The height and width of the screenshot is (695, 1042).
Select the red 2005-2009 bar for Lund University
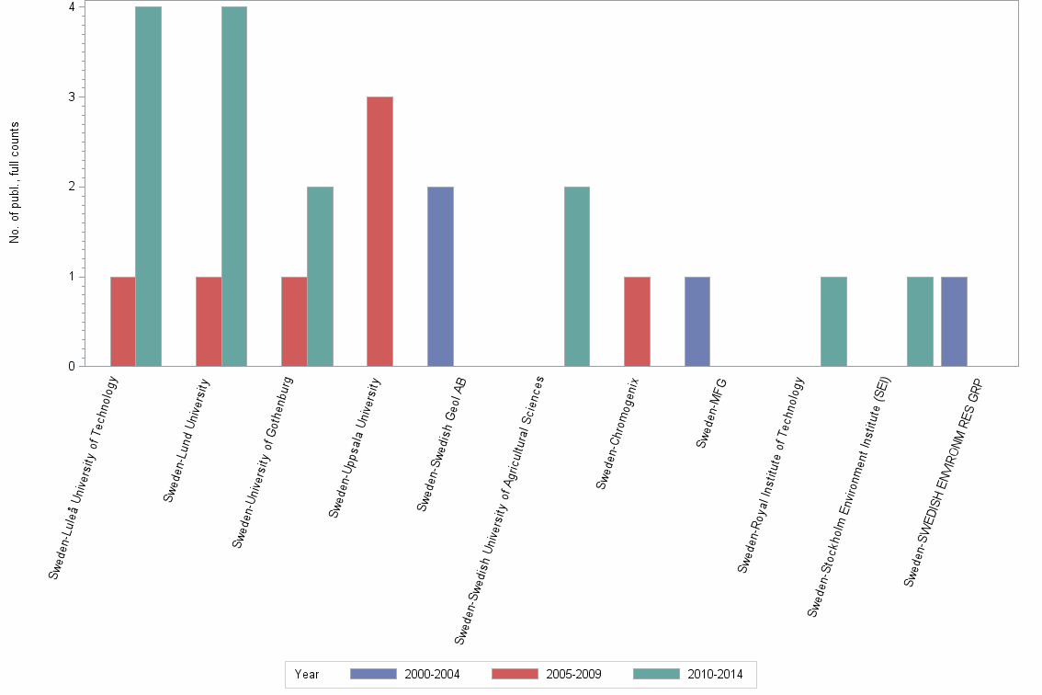(x=209, y=321)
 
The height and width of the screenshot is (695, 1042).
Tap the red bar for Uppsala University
(x=379, y=231)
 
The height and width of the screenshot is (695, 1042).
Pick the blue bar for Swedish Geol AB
(x=440, y=276)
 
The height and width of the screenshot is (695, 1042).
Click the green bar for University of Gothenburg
(x=320, y=276)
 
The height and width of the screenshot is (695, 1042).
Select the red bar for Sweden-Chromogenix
(x=637, y=321)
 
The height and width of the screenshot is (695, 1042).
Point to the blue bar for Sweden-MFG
(x=697, y=321)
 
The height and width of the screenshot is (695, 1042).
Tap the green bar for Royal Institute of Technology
(x=833, y=321)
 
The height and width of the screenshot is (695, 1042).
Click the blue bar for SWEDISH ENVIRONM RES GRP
(x=954, y=321)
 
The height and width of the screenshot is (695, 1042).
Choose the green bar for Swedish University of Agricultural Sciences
(x=576, y=276)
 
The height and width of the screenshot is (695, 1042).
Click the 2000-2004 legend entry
(x=406, y=674)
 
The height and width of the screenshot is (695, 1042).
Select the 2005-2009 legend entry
(x=548, y=674)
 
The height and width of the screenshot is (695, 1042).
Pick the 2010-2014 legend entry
(x=689, y=674)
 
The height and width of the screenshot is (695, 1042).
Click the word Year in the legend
(x=307, y=674)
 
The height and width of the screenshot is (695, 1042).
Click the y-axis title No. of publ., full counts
(x=15, y=183)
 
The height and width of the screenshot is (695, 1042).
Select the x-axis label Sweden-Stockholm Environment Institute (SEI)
(x=851, y=496)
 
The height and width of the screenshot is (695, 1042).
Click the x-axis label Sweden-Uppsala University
(x=355, y=449)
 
